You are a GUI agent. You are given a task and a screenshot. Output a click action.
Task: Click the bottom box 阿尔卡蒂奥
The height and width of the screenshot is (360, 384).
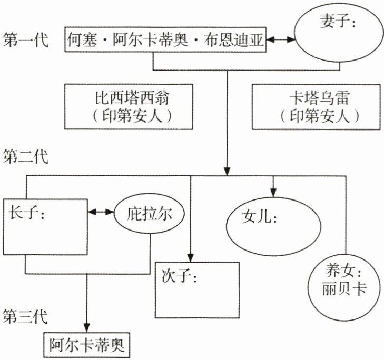click(85, 344)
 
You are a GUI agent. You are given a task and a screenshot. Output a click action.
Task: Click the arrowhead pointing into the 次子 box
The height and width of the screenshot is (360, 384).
click(190, 255)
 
